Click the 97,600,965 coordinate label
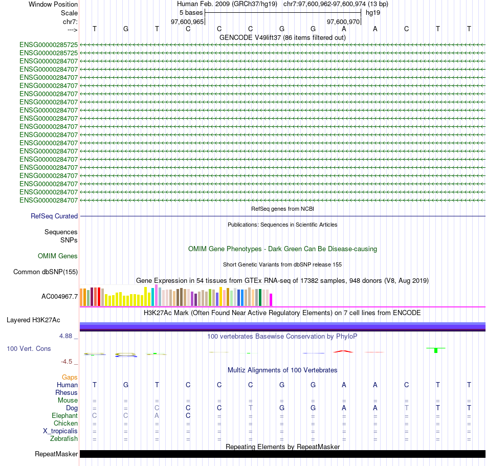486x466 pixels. [187, 22]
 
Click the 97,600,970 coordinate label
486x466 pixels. [343, 22]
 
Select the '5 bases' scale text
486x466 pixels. [191, 12]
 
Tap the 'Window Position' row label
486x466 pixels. [53, 4]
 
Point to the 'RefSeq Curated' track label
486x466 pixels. [54, 216]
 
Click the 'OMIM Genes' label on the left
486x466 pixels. [58, 256]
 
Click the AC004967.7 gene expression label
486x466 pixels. [60, 297]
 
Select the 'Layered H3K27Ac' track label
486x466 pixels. [33, 320]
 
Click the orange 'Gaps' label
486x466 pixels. [70, 378]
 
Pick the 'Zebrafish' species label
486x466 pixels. [64, 439]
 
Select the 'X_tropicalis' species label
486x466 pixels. [60, 431]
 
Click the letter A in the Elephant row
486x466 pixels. [157, 416]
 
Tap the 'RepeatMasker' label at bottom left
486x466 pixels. [56, 454]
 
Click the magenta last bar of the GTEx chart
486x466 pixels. [271, 300]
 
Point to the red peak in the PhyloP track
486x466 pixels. [344, 351]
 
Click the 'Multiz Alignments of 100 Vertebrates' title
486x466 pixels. [282, 370]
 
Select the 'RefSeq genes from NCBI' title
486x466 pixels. [282, 209]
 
